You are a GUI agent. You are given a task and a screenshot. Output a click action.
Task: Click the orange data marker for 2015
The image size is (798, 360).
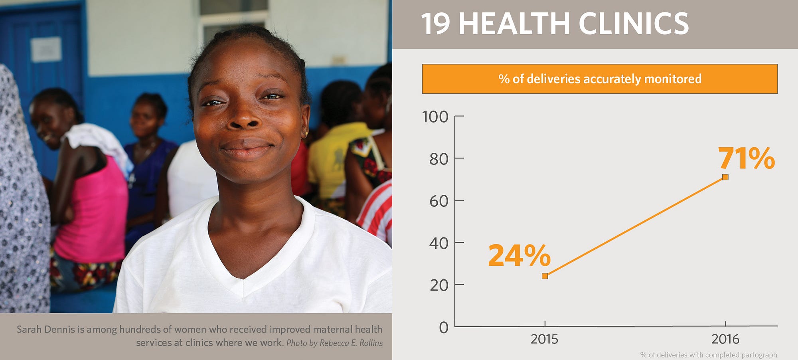[x=545, y=276]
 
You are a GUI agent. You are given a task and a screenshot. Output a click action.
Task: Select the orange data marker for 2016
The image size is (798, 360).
[x=725, y=177]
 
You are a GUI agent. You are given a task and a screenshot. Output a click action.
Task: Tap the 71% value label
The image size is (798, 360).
[x=746, y=159]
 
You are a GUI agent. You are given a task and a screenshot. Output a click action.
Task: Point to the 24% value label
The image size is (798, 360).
[x=519, y=256]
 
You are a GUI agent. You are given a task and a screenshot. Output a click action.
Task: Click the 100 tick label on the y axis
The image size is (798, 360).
[x=435, y=117]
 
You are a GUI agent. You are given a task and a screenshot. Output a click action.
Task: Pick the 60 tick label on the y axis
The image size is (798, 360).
[x=439, y=201]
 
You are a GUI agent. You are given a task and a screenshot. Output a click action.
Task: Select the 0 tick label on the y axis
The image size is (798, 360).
[x=444, y=327]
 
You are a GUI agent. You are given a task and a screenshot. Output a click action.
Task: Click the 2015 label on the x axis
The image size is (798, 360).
[x=544, y=339]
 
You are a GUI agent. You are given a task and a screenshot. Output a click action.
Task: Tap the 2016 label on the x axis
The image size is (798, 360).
[x=725, y=339]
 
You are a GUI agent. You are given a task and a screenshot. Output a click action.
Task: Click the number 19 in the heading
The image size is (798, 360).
[x=436, y=24]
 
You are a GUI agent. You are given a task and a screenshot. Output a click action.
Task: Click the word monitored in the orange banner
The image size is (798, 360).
[x=673, y=79]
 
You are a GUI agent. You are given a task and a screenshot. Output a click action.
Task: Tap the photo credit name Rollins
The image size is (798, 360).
[x=371, y=343]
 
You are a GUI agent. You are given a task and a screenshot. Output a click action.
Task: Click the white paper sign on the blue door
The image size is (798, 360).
[x=46, y=49]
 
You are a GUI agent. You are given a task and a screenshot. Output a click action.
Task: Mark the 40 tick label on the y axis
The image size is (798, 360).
[x=439, y=243]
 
